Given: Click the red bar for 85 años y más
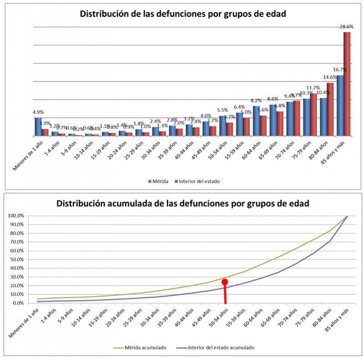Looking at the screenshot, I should [x=347, y=84].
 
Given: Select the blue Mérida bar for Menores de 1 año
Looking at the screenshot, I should [x=38, y=127].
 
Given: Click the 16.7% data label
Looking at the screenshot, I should [x=340, y=70].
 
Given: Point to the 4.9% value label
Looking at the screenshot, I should [x=38, y=112].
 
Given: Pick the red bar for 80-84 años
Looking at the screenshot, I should [x=330, y=109].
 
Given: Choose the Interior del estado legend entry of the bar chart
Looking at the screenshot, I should [x=197, y=181].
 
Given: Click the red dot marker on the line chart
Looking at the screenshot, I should [x=225, y=282].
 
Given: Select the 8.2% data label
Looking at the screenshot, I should [x=256, y=101].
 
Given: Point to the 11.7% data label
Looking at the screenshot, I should [x=313, y=88].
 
